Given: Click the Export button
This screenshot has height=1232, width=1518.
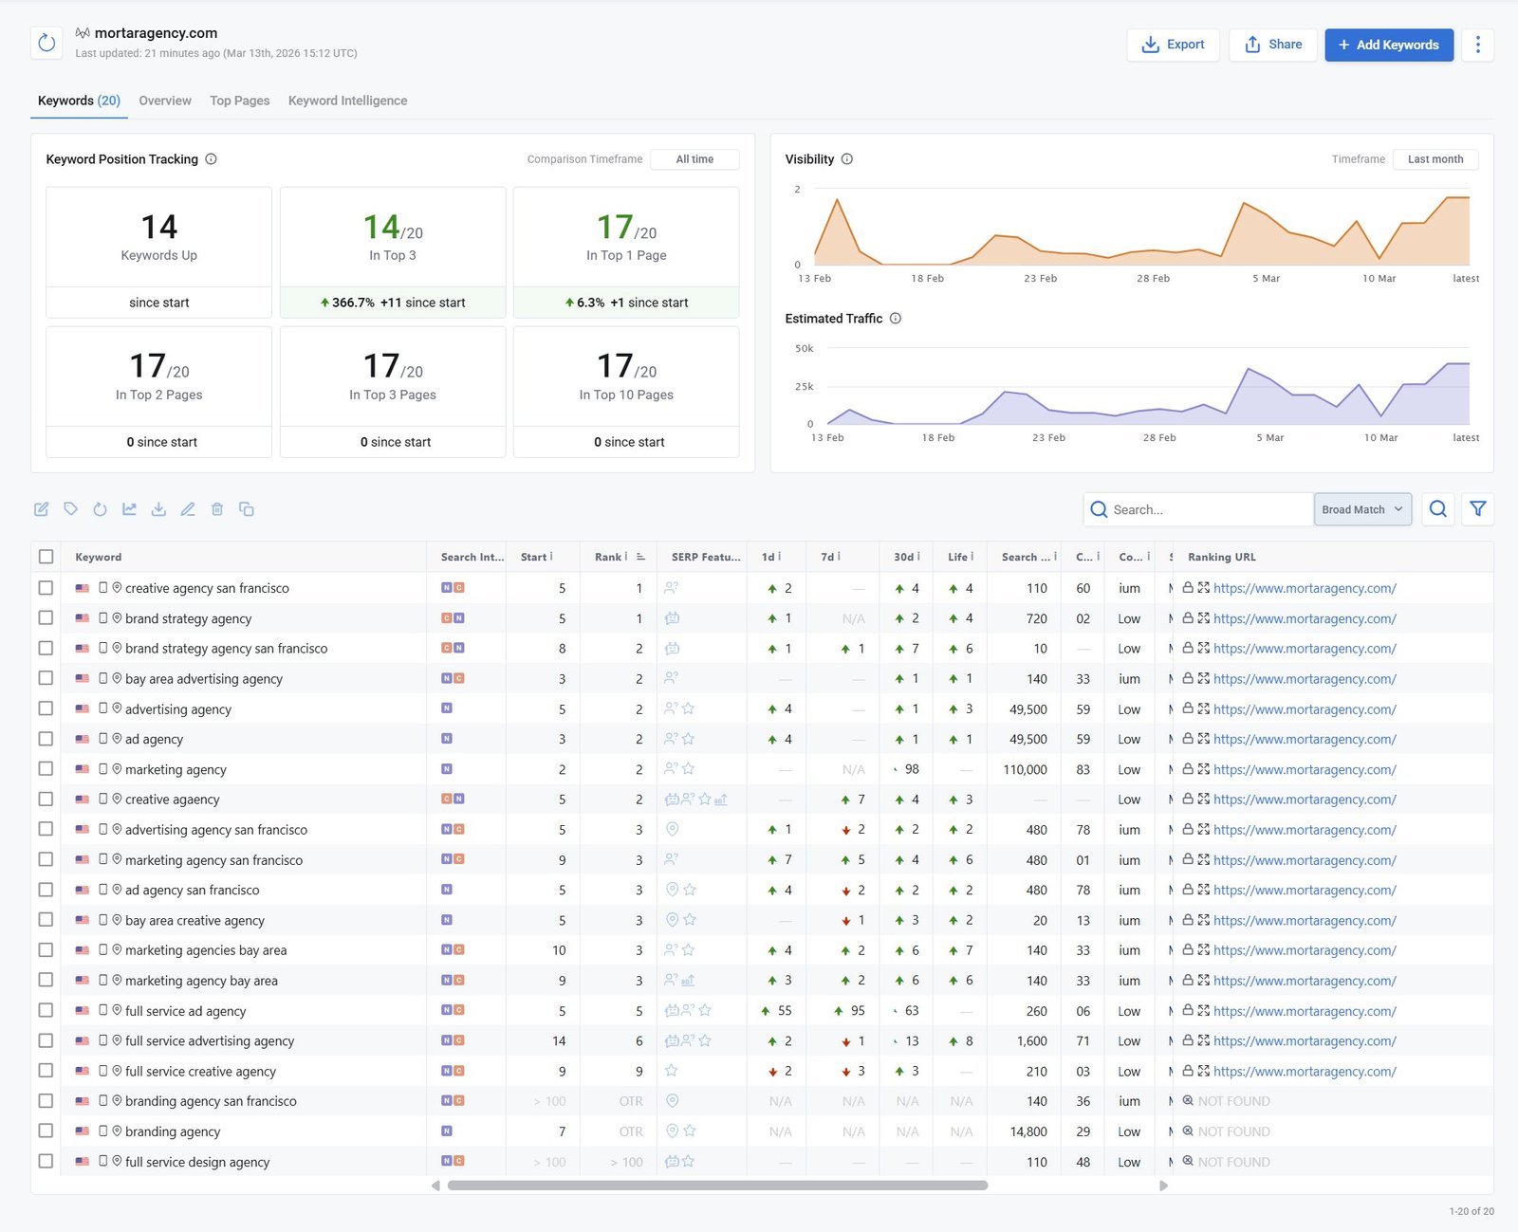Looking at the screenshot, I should click(x=1173, y=45).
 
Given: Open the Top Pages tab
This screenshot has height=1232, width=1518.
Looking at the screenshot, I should click(x=239, y=101).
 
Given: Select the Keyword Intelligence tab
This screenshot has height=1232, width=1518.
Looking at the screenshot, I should click(x=347, y=101).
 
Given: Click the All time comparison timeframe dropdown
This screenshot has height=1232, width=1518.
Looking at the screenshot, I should click(x=694, y=159).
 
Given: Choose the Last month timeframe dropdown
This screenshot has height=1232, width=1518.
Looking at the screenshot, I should click(x=1435, y=159).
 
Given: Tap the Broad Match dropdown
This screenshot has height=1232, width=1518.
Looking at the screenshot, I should click(x=1361, y=509).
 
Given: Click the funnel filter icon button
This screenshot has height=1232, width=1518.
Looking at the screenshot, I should click(x=1477, y=509).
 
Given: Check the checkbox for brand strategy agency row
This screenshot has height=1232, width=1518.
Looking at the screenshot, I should click(x=46, y=618).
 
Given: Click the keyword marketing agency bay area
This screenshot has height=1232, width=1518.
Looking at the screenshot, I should click(x=201, y=981).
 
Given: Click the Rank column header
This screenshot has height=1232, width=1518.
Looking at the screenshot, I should click(x=608, y=557).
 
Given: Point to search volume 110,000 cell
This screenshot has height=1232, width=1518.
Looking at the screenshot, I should click(x=1025, y=769).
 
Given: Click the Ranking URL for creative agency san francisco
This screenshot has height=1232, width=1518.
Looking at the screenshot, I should click(x=1304, y=588).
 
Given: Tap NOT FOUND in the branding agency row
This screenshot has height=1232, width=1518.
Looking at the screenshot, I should click(x=1232, y=1131).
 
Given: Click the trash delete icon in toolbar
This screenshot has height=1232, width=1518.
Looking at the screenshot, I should click(x=217, y=509).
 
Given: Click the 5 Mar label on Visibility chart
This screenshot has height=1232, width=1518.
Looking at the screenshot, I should click(x=1266, y=279).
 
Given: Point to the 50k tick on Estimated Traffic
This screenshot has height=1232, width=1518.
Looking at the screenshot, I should click(x=804, y=349).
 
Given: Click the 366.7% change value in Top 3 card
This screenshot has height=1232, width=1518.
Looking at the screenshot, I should click(x=353, y=303).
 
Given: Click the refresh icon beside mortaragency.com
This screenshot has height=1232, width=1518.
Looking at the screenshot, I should click(x=46, y=43).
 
